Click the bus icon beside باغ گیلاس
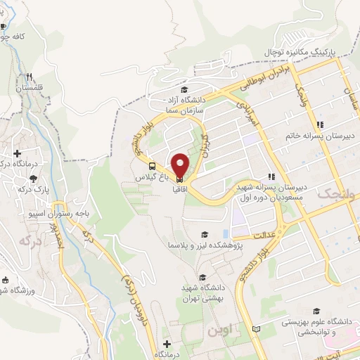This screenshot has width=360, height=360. click(153, 166)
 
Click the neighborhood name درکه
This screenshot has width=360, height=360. click(30, 240)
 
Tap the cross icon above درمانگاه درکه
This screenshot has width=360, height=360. click(17, 153)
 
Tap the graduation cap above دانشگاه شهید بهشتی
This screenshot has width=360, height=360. click(203, 277)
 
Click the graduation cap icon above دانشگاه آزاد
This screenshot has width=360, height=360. click(184, 90)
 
